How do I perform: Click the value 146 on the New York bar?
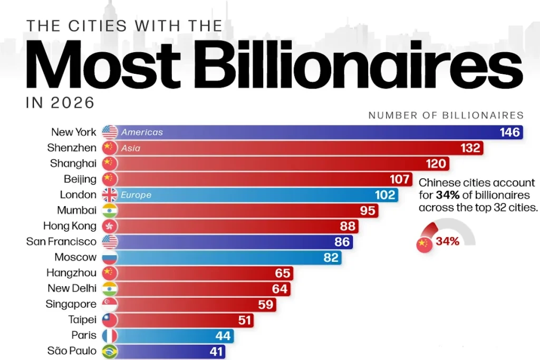tap(509, 132)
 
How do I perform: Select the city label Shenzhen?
tap(72, 148)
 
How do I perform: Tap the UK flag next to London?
tap(110, 195)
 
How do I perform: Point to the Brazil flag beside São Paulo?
tap(110, 351)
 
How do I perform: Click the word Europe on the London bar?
tap(136, 195)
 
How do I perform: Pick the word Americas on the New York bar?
tap(142, 132)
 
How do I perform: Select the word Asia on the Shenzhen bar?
tap(131, 148)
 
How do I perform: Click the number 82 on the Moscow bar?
tap(331, 257)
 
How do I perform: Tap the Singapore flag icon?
tap(110, 304)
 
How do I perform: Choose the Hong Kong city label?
tap(70, 226)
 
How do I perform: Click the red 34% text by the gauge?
tap(447, 241)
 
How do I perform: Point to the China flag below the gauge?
tap(425, 245)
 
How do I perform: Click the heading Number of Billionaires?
tap(446, 115)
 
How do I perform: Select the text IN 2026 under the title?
tap(60, 103)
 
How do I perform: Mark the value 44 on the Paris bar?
tap(223, 336)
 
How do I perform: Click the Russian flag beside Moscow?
tap(110, 257)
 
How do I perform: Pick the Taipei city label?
tap(82, 320)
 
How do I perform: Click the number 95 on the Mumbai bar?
tap(368, 211)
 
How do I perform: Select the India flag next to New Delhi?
tap(110, 289)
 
